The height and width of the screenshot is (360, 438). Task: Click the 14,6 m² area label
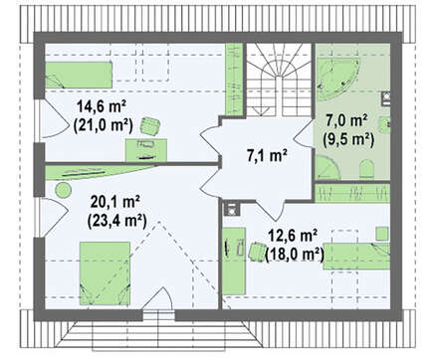(x=102, y=106)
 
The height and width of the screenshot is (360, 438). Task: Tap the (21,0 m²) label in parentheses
(x=103, y=125)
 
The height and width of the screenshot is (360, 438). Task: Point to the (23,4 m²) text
(x=116, y=221)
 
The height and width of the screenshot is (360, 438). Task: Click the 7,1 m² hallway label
(x=267, y=156)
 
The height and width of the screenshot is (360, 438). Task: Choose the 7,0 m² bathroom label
(x=346, y=120)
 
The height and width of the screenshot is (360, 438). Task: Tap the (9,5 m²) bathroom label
(x=348, y=139)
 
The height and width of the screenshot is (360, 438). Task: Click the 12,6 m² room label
(x=292, y=237)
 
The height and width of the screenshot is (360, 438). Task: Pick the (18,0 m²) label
(x=295, y=255)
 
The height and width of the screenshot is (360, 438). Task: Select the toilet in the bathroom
(x=366, y=169)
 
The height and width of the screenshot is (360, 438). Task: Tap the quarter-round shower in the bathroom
(x=327, y=168)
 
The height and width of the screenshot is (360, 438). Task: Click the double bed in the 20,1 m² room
(x=105, y=273)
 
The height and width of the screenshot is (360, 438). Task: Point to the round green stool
(x=63, y=190)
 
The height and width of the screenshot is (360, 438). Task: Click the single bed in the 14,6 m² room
(x=79, y=75)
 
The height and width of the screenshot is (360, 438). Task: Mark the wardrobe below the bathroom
(x=352, y=193)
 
